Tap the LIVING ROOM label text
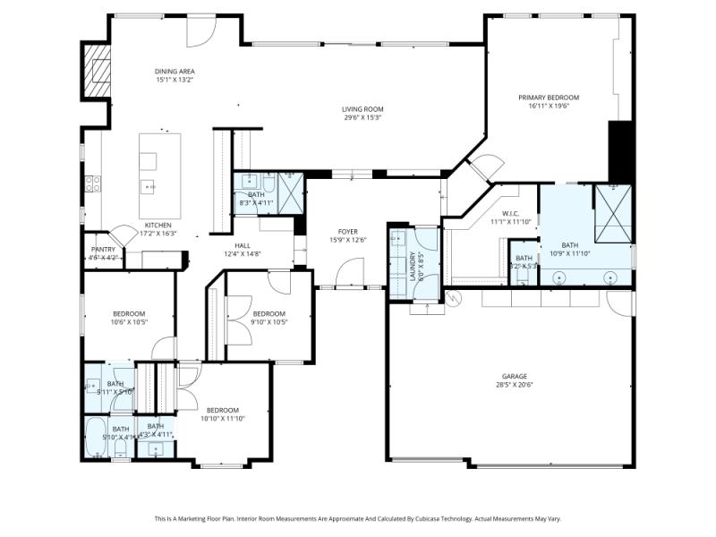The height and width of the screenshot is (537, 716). tap(362, 109)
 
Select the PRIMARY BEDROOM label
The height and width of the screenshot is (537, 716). tap(549, 98)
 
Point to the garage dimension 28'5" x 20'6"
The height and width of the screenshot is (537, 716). tap(514, 385)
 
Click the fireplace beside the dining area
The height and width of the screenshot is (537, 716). tap(97, 70)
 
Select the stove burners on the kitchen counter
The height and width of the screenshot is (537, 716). tap(92, 183)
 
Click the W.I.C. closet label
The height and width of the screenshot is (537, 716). tap(511, 214)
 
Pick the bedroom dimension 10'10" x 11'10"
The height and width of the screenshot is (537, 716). tap(223, 418)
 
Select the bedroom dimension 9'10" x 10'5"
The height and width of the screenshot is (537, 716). tap(268, 322)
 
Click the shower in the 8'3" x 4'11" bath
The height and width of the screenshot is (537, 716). tap(290, 190)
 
